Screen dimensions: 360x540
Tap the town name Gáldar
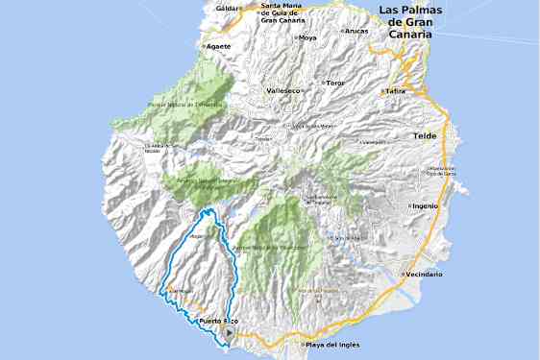coord(227,8)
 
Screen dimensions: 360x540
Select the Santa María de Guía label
coord(284,13)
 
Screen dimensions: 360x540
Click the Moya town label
coord(308,38)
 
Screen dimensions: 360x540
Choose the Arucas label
coord(357,31)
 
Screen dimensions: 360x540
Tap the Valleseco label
coord(284,90)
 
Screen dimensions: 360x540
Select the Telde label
coord(425,136)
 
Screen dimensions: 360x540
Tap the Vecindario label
coord(424,275)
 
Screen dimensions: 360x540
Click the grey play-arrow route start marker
coord(228,333)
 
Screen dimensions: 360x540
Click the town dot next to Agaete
coord(204,45)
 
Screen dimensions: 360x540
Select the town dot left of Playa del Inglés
coord(302,345)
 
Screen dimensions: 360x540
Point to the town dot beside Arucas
coord(344,31)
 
